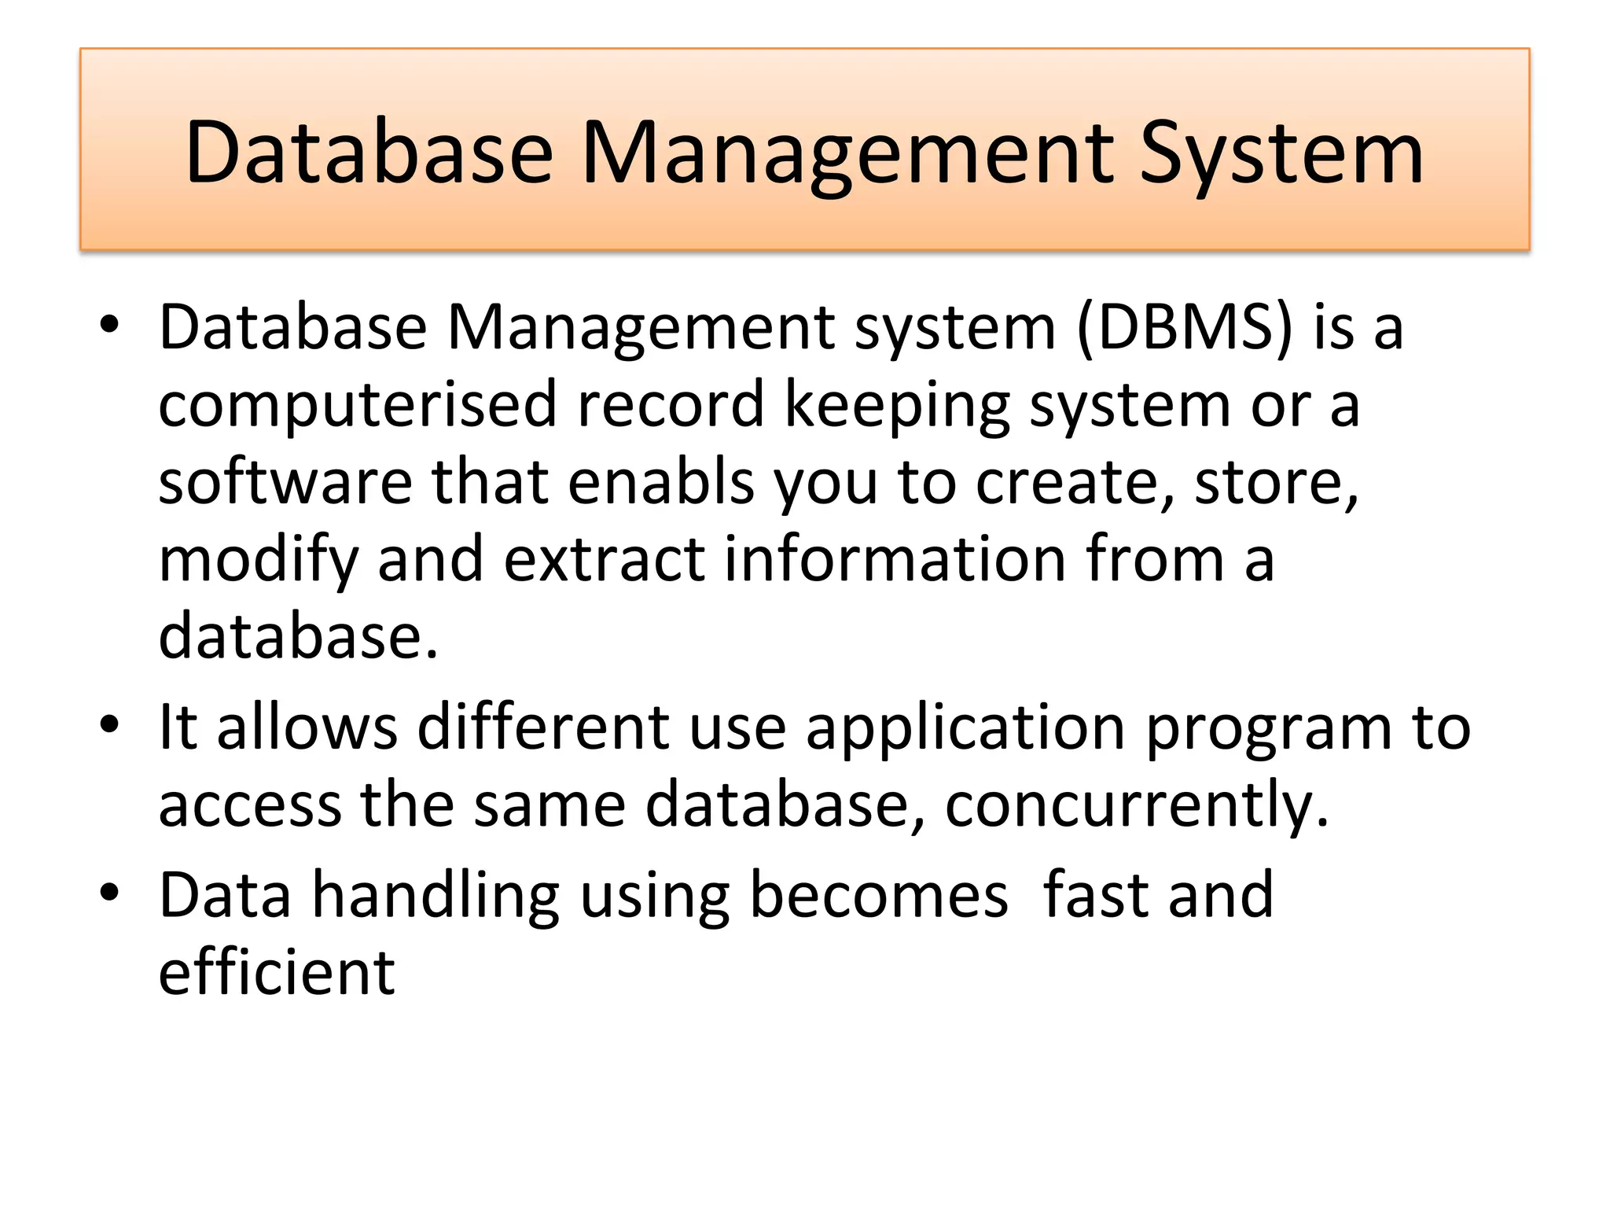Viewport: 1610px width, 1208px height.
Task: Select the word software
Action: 285,482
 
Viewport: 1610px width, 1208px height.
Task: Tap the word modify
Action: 259,560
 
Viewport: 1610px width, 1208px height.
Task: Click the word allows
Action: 307,727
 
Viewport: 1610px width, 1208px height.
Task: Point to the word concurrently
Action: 1136,805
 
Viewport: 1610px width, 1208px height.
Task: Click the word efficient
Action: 277,973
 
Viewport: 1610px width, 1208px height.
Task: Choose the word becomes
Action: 879,895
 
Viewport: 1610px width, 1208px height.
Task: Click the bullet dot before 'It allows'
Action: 109,724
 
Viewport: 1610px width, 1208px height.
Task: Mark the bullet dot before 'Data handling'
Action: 109,892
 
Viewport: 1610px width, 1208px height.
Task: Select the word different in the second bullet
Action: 543,727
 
